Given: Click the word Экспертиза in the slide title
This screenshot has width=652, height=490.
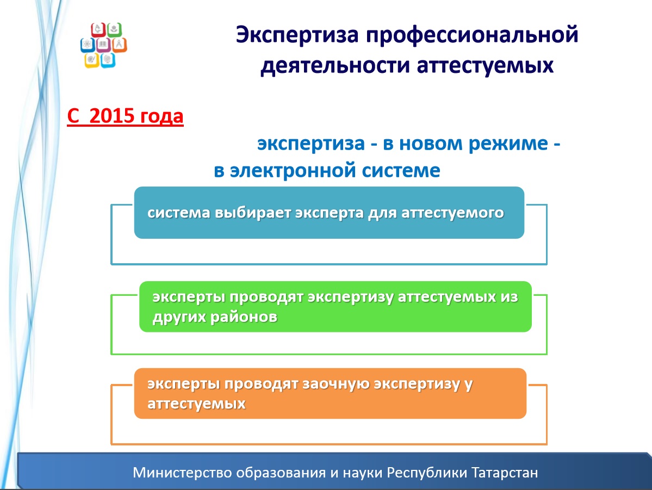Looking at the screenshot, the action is coord(297,35).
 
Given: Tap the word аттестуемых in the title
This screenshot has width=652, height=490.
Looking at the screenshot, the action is coord(485,65).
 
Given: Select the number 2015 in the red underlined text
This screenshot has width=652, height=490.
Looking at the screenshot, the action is coord(112,116).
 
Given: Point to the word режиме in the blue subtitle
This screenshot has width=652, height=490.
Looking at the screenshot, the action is coord(508,144).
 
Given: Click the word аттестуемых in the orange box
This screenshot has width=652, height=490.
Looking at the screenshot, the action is coord(197,404).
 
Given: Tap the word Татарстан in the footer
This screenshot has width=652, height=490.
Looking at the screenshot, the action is coord(505,473).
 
